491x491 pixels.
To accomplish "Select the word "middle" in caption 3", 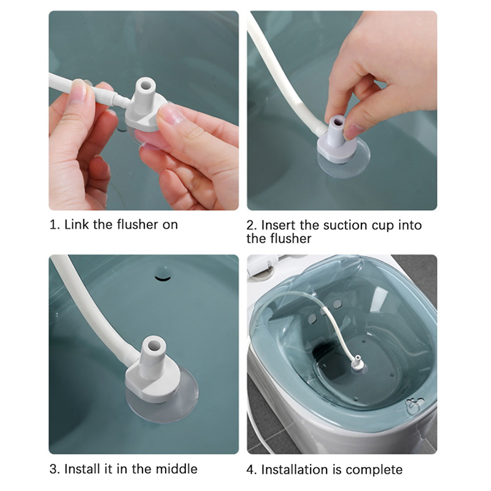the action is [177, 469].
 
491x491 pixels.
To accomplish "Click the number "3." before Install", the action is [55, 469].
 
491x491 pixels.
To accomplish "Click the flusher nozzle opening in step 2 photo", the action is [339, 121].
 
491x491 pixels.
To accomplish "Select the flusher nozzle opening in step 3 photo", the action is [153, 345].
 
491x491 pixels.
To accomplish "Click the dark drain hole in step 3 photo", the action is [163, 277].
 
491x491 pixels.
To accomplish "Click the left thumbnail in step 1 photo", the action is [79, 91].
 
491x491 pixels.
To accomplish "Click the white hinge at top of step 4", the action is [263, 265].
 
